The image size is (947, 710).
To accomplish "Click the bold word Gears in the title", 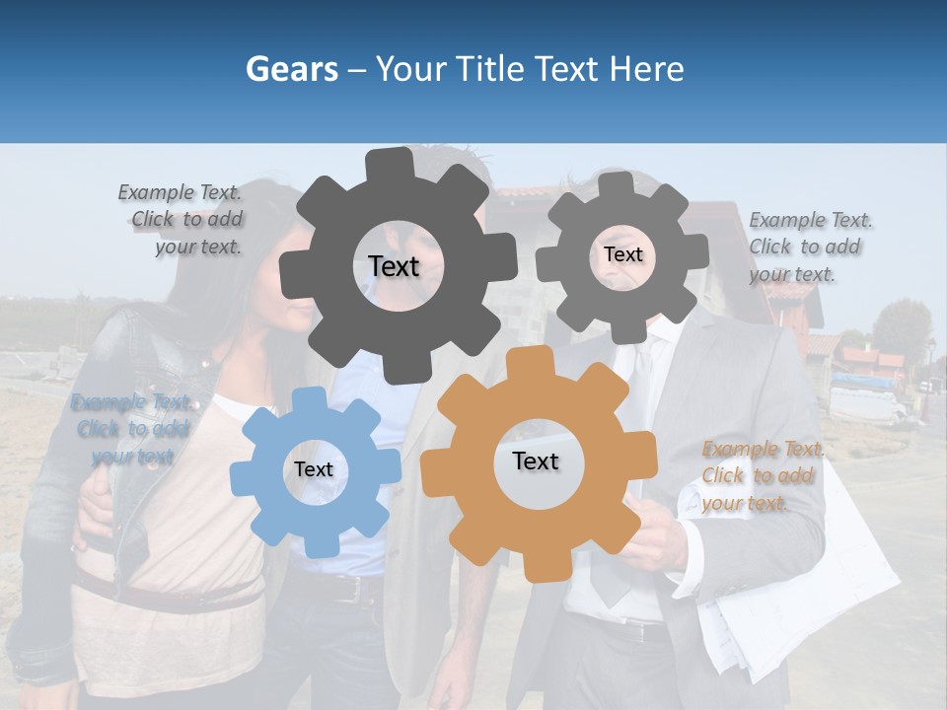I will tap(290, 69).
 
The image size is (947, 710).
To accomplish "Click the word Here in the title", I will tap(646, 69).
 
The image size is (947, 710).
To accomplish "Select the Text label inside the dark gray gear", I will tap(394, 266).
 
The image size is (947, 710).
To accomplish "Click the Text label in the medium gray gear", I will tap(622, 254).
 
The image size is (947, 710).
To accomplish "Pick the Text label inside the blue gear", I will tap(314, 469).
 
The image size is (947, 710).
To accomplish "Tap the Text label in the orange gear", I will tap(536, 461).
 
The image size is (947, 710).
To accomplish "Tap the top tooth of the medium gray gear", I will tap(617, 186).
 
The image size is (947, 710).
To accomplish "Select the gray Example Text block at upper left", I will tap(182, 220).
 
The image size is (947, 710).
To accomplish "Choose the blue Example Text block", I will tap(130, 429).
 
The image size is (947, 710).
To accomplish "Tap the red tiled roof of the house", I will tap(533, 190).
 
